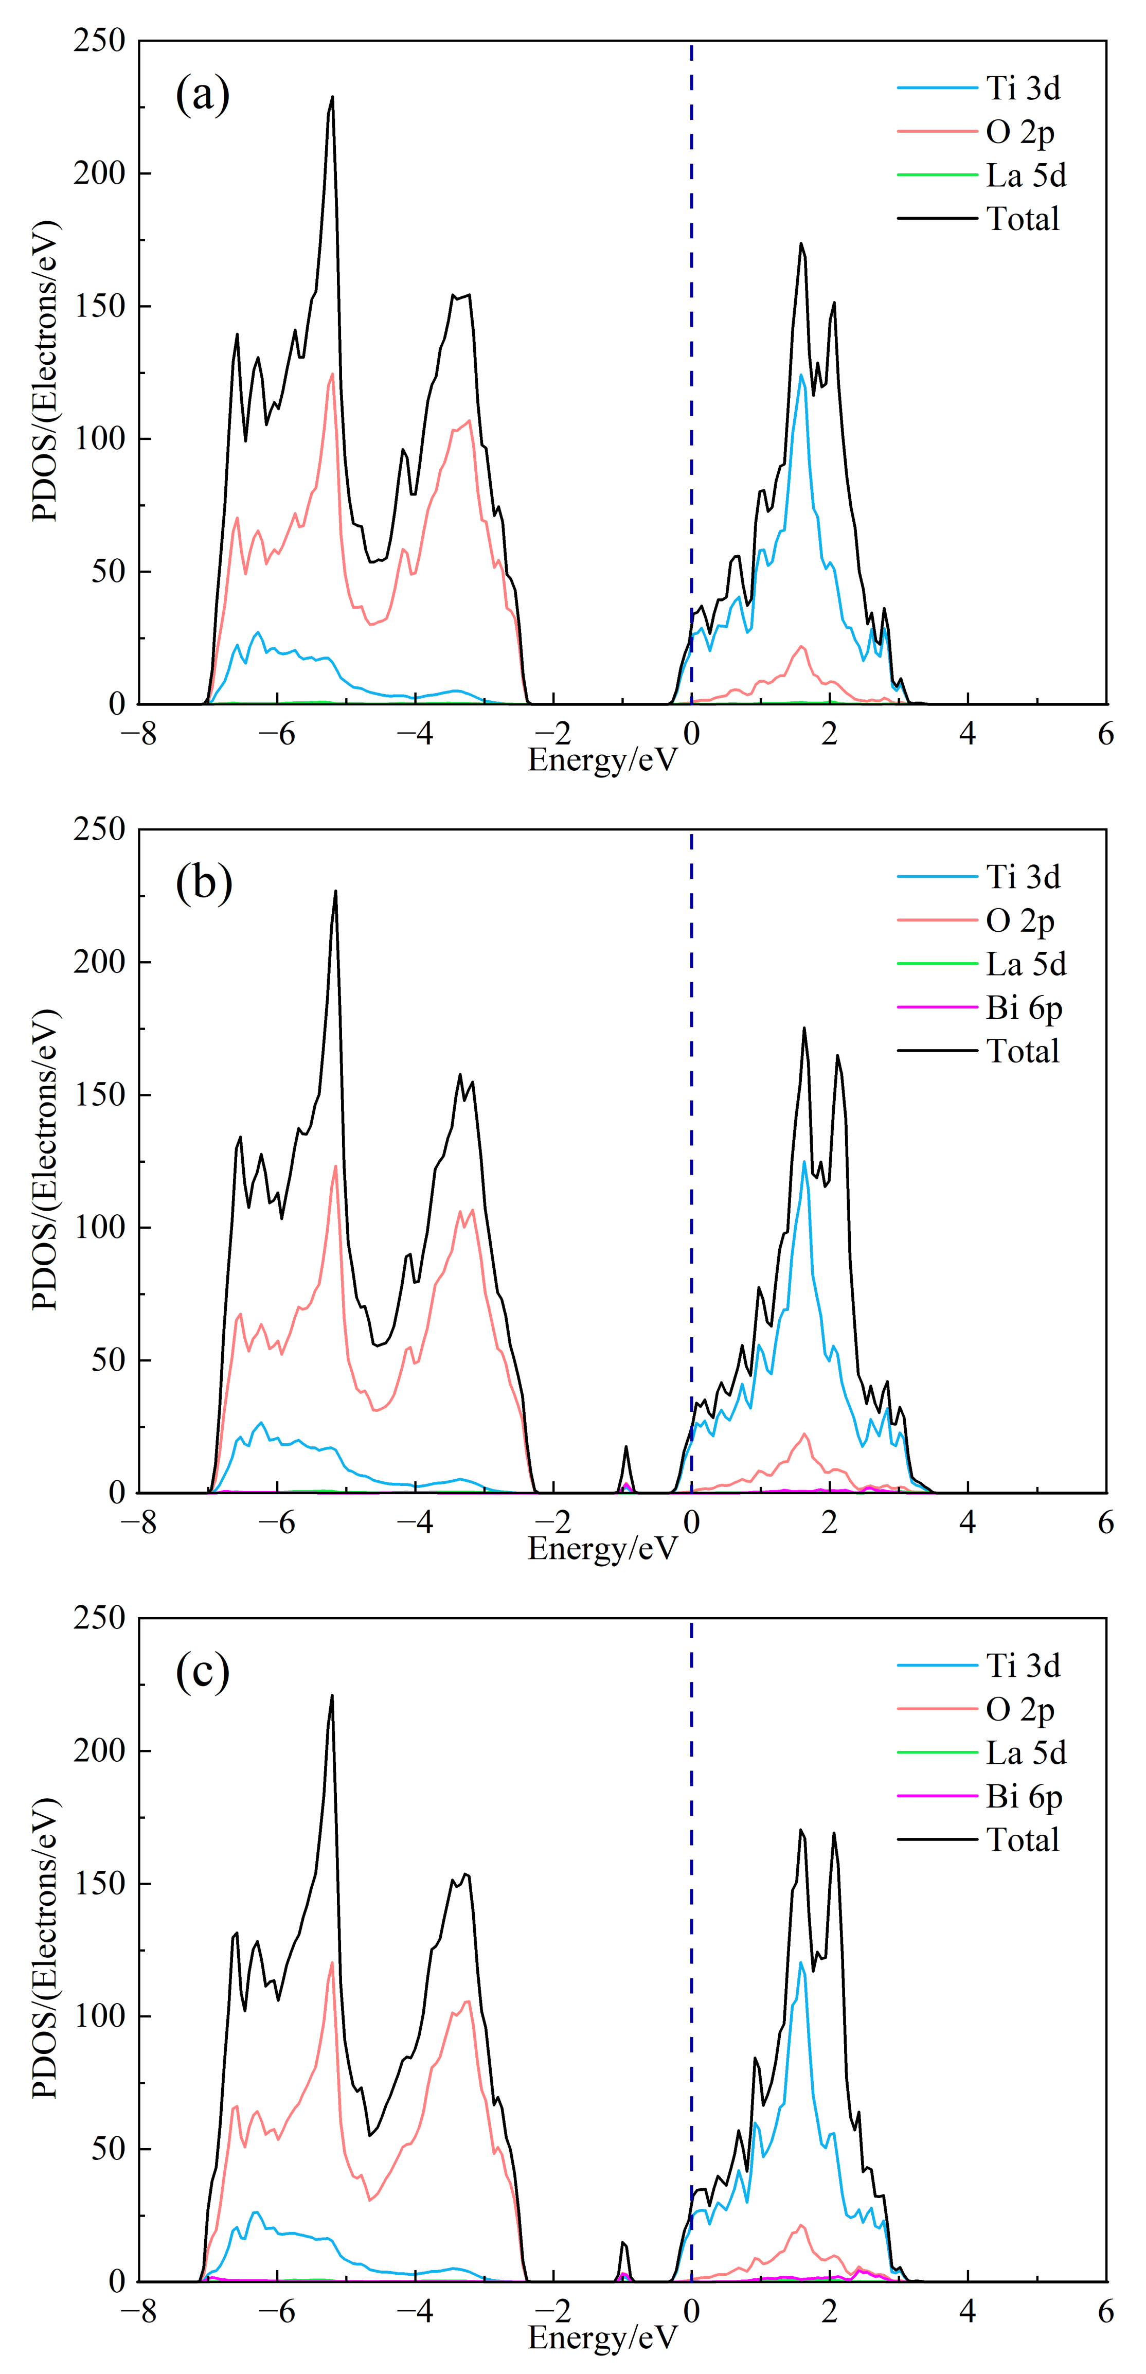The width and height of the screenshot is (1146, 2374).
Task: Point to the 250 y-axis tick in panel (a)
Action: [x=99, y=41]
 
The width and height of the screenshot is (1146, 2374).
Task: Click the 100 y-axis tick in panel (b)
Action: [x=99, y=1228]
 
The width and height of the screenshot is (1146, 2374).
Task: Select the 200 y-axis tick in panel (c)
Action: [x=99, y=1750]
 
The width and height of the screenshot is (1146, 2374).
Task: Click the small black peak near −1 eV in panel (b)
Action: [x=626, y=1448]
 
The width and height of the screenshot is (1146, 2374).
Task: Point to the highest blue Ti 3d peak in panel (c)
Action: [x=800, y=1963]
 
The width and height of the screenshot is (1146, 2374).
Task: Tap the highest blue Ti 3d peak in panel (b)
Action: [x=804, y=1162]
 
